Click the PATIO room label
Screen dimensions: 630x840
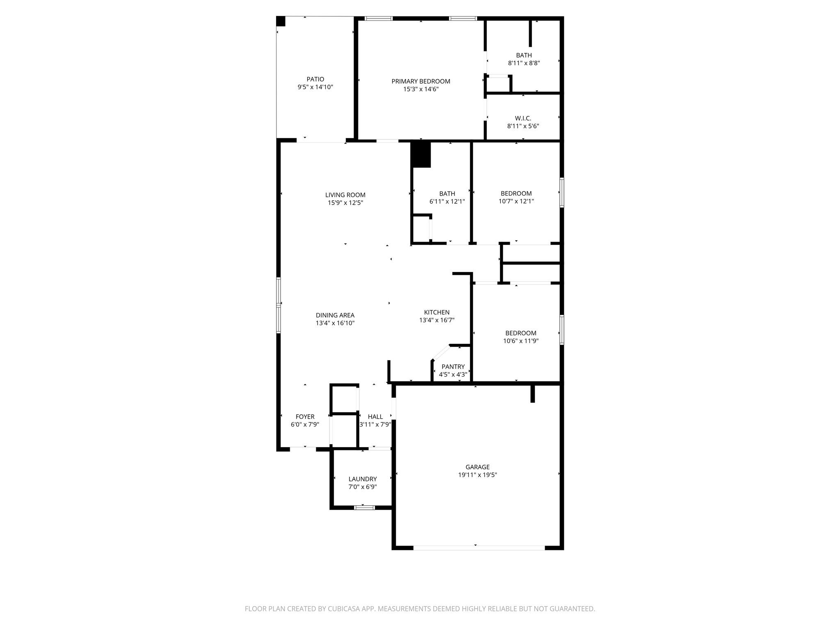pos(315,79)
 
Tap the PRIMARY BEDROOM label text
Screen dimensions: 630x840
pos(420,81)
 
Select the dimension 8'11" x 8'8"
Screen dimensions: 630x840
pos(523,63)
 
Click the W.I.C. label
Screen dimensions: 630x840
pos(523,118)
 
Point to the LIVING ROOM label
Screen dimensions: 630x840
pos(345,195)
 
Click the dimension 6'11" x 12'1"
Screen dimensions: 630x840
pos(447,201)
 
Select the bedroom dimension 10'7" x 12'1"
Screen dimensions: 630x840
pos(516,201)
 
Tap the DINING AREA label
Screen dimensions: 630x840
pos(335,315)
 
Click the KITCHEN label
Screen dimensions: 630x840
pos(436,312)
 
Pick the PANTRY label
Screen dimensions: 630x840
pos(453,367)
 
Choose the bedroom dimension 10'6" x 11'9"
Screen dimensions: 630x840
pos(520,341)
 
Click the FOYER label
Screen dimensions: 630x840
pos(305,416)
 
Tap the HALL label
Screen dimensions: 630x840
pos(375,416)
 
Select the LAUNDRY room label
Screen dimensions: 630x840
pos(363,479)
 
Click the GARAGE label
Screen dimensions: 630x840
pos(477,467)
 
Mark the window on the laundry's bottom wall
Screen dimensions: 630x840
pos(364,507)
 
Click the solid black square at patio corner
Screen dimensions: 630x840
pos(281,21)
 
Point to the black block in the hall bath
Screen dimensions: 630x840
pos(421,155)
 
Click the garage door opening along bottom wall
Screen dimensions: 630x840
pos(479,548)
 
